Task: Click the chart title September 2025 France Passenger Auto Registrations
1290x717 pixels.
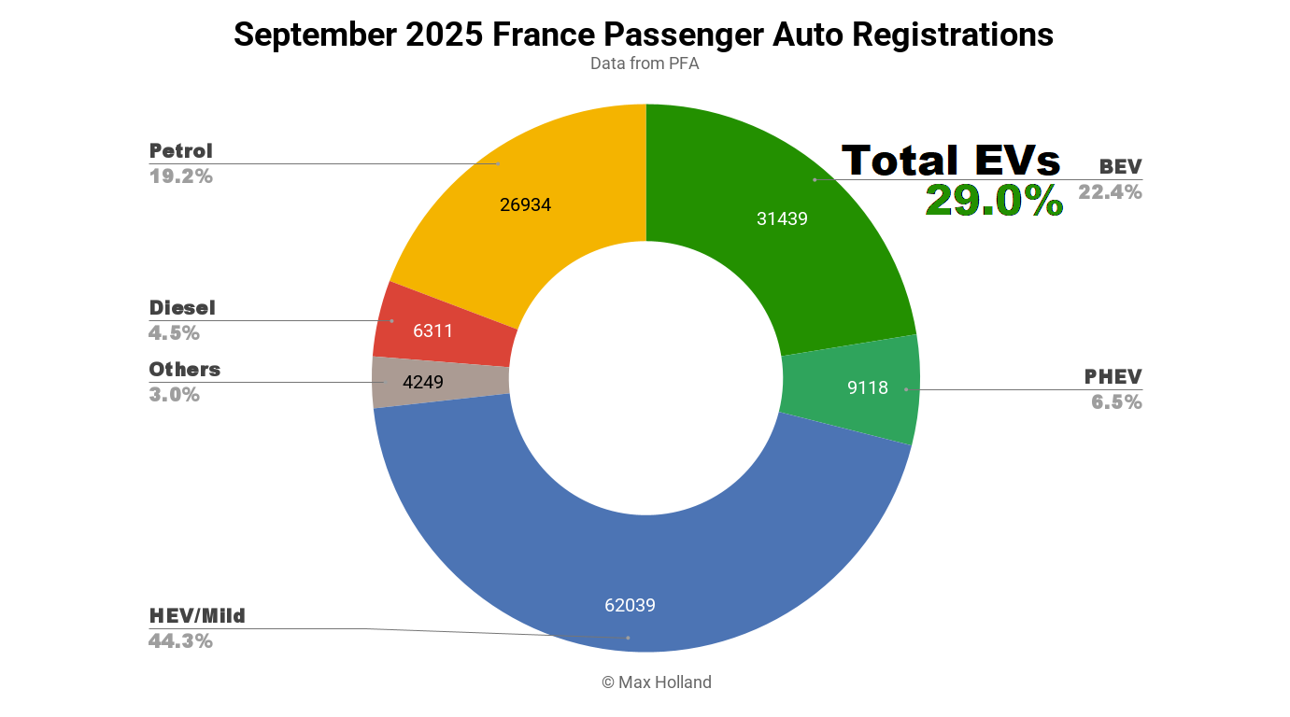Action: click(644, 35)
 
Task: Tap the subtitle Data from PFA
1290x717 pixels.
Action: click(644, 64)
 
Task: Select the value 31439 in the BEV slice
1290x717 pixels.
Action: click(782, 219)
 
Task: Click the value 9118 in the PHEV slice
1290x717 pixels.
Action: click(867, 388)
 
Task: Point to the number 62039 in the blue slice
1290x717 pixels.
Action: click(630, 606)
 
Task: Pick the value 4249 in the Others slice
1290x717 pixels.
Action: click(422, 383)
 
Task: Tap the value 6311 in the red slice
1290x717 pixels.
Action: click(432, 330)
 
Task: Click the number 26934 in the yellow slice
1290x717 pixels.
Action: click(525, 205)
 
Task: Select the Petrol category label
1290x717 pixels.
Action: click(180, 151)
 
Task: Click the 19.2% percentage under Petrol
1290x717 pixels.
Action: click(180, 176)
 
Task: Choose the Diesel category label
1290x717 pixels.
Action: click(181, 308)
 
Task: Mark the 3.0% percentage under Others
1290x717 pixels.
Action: click(174, 395)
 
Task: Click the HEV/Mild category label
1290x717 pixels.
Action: click(196, 616)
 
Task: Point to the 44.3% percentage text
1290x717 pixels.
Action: click(180, 641)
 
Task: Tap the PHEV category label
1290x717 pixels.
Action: click(1113, 377)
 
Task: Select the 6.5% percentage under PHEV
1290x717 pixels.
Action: click(1116, 402)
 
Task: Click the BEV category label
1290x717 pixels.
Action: click(1120, 167)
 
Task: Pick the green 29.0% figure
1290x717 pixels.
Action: click(994, 201)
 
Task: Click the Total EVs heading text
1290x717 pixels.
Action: click(951, 161)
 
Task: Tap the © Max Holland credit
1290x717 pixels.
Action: click(656, 682)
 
